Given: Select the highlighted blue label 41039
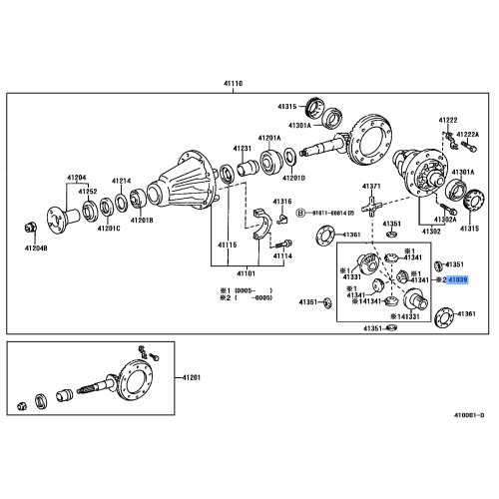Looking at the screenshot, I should point(457,281).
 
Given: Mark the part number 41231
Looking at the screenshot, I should point(243,149).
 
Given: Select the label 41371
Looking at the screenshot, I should point(371,187).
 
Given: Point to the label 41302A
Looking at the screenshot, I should point(445,219).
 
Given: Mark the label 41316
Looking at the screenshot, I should point(283,202).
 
